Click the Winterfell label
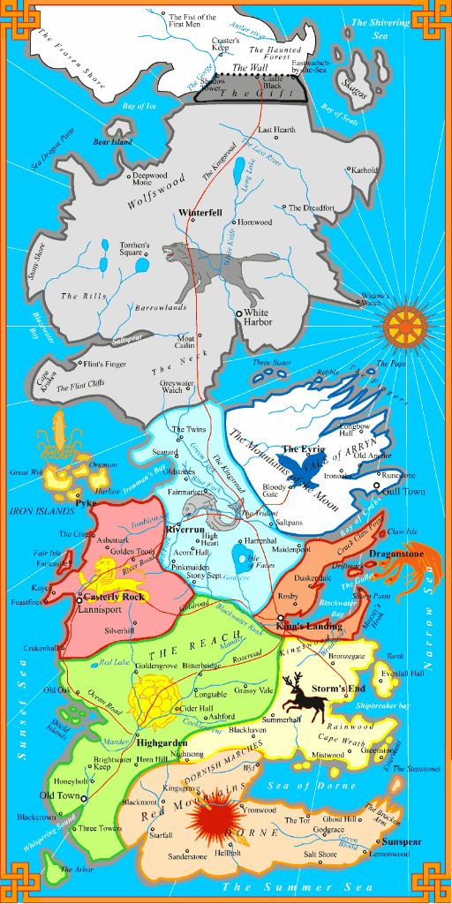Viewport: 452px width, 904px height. (x=200, y=214)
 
